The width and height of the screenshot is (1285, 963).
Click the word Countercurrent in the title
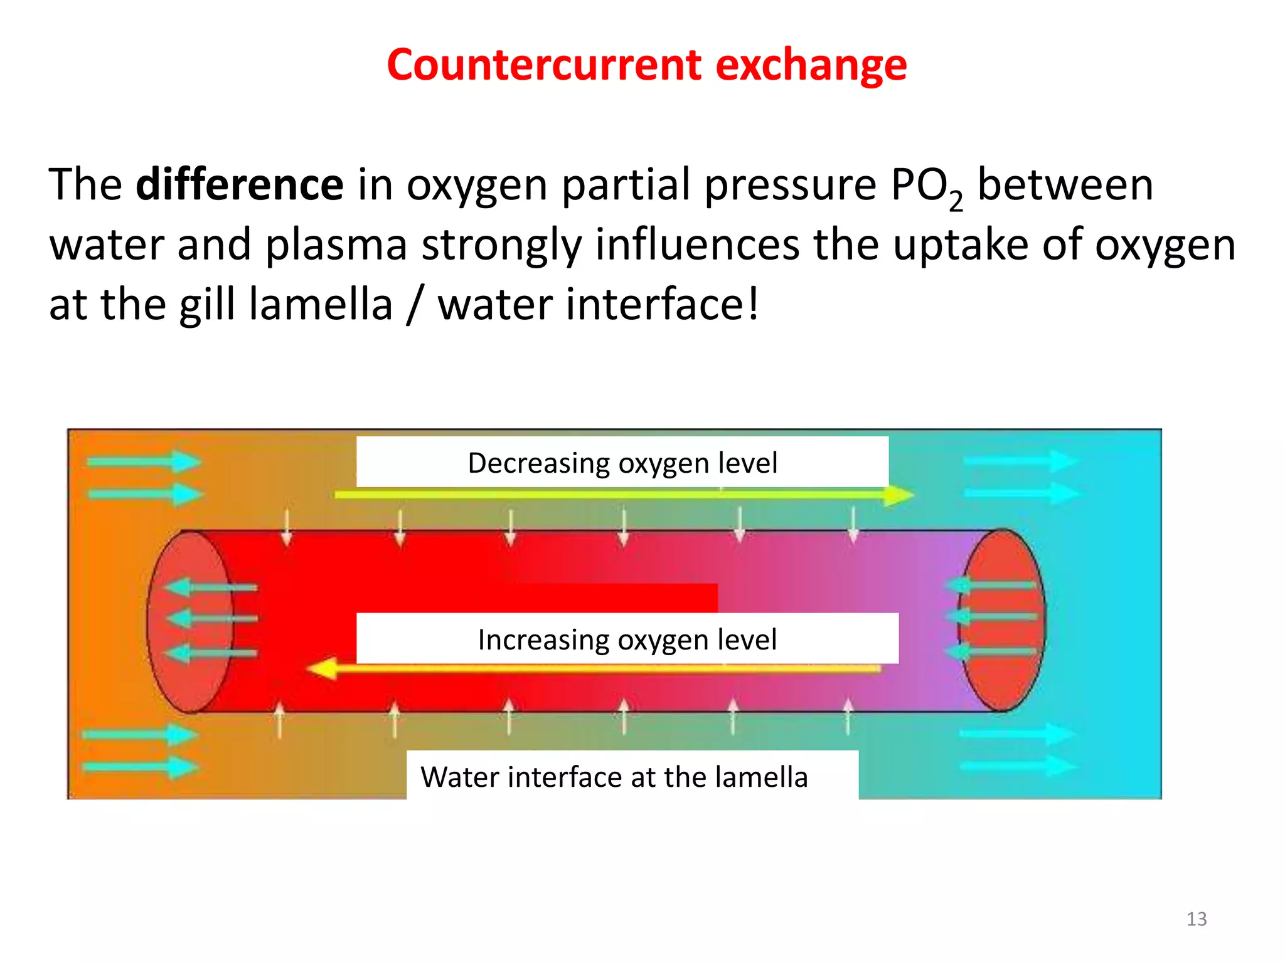[543, 65]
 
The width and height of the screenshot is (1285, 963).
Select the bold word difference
[239, 185]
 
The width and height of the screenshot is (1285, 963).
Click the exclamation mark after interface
[753, 303]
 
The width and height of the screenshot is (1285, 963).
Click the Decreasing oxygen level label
[622, 463]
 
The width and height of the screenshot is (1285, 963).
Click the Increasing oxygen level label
[627, 639]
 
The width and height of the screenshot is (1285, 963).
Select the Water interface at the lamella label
[614, 777]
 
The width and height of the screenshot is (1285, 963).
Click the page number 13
[1196, 919]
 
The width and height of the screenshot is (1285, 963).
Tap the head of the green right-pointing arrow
[898, 495]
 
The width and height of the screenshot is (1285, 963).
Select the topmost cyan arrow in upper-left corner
[144, 462]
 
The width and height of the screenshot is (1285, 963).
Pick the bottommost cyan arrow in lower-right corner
[1017, 766]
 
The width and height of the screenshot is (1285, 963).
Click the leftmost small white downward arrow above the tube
[287, 528]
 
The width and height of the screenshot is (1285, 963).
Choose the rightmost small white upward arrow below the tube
[848, 715]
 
